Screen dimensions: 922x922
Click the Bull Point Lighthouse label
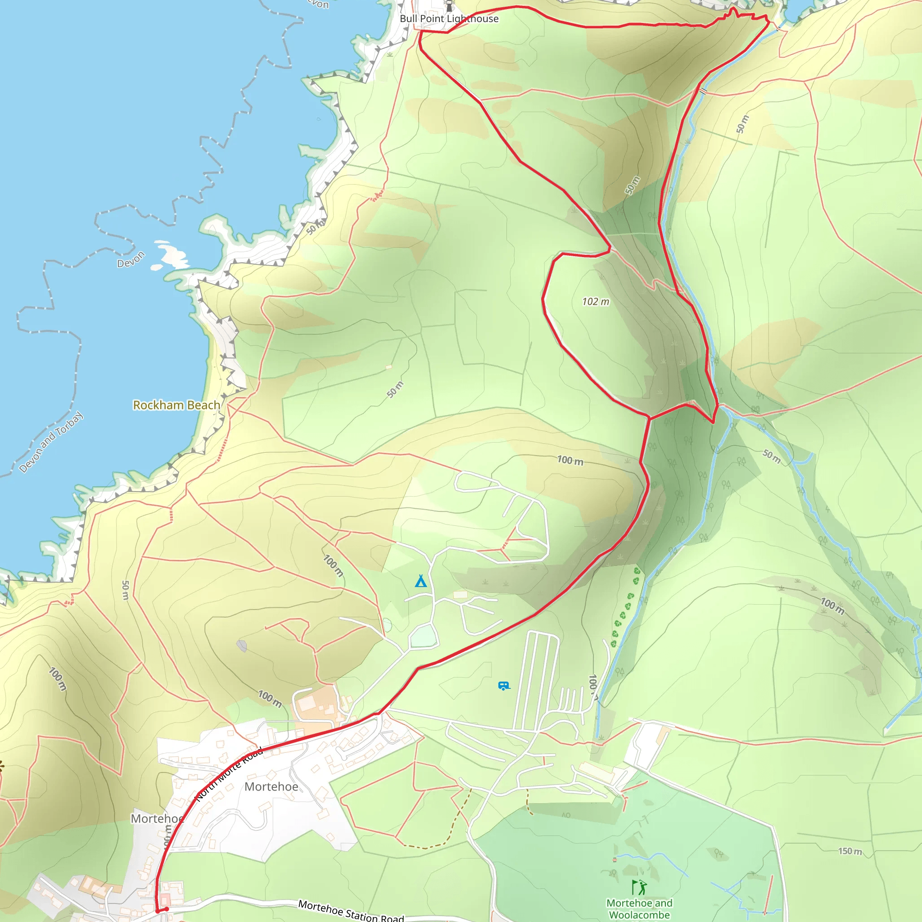(x=448, y=18)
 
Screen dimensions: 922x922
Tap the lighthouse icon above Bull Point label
(x=449, y=5)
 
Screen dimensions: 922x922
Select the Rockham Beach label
(x=176, y=405)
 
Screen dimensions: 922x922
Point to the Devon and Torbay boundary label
(x=50, y=442)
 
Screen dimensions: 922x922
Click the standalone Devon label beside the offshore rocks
(x=131, y=260)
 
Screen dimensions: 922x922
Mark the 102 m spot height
(x=595, y=302)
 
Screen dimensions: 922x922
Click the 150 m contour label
(x=850, y=851)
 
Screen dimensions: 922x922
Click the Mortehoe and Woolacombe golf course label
(x=639, y=908)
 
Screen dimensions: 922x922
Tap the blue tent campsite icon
(x=420, y=581)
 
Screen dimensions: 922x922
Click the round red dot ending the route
(x=167, y=909)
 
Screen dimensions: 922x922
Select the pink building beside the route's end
(x=165, y=899)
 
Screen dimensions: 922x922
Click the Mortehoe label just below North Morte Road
(x=271, y=786)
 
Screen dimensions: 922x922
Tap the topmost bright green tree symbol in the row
(x=637, y=570)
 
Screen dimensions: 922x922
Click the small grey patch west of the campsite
(x=242, y=646)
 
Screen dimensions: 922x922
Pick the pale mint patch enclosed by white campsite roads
(x=423, y=637)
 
